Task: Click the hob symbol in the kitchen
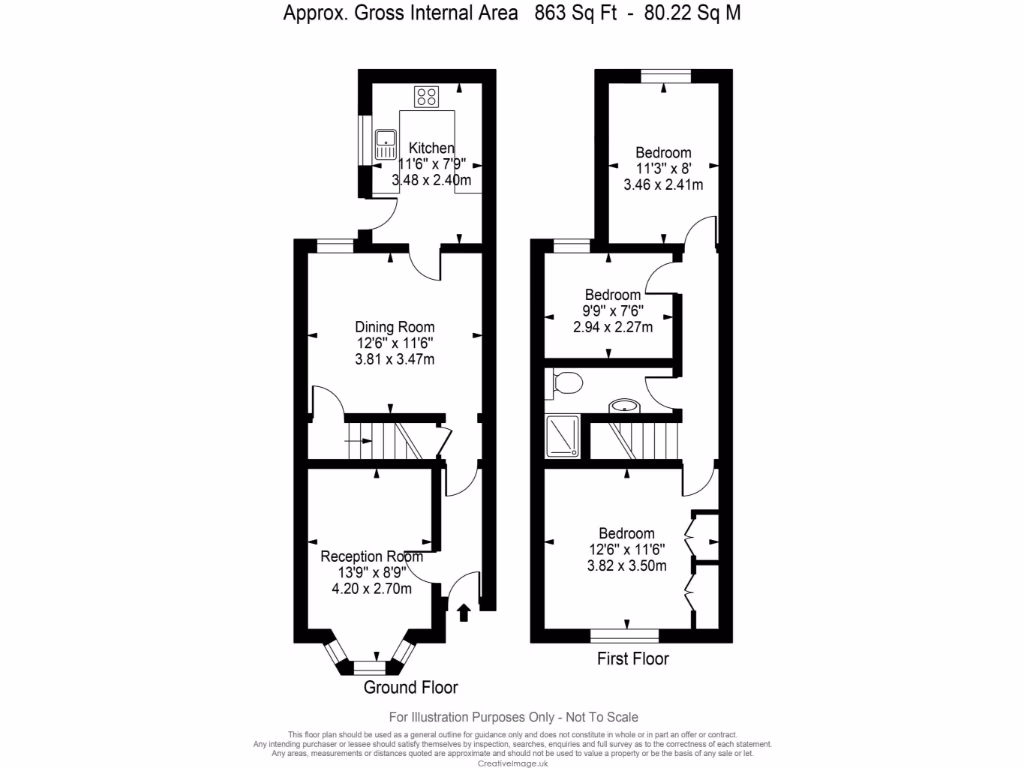(x=427, y=96)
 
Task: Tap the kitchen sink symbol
(x=385, y=145)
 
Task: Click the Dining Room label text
(x=395, y=327)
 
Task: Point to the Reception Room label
(x=365, y=556)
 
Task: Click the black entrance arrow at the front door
(x=463, y=611)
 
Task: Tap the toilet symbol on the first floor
(x=567, y=382)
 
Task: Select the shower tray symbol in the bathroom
(x=564, y=437)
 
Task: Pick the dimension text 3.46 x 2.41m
(x=663, y=185)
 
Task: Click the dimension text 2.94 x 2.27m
(x=613, y=327)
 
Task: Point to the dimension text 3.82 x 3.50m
(x=627, y=565)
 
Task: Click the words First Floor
(x=633, y=659)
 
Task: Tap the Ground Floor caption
(x=410, y=688)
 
